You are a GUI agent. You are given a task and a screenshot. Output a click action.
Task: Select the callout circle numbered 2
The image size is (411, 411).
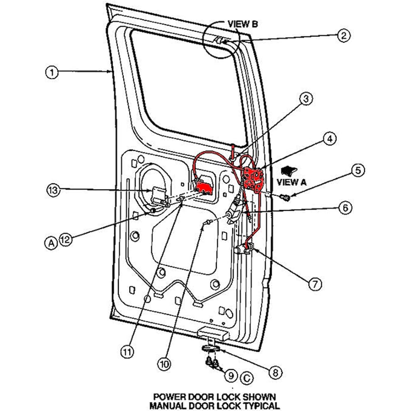[343, 36]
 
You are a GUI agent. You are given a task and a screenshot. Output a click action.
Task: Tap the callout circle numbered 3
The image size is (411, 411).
[306, 99]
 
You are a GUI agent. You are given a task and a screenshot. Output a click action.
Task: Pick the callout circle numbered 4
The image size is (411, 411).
[329, 139]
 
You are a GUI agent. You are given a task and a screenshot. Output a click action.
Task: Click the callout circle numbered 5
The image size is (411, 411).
[358, 170]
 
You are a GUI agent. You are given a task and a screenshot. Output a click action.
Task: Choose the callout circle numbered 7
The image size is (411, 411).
[315, 283]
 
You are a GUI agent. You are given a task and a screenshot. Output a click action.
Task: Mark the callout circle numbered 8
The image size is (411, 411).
[275, 372]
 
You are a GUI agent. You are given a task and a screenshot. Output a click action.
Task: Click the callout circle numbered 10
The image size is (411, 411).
[164, 364]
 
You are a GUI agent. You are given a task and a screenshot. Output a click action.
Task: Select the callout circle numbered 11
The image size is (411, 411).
[128, 351]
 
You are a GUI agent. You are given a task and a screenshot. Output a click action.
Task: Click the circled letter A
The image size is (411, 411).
[51, 243]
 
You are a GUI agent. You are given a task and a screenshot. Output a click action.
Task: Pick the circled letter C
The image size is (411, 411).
[246, 378]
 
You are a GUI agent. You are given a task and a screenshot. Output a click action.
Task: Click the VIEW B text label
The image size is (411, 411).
[242, 24]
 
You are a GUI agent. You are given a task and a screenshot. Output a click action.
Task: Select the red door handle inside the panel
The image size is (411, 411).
[204, 188]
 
